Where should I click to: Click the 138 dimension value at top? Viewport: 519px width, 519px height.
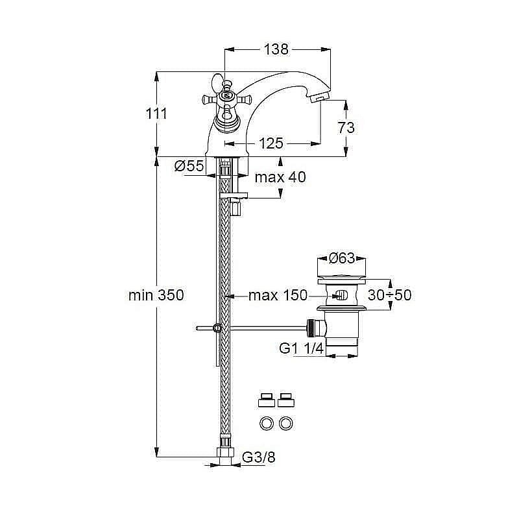pyautogui.click(x=276, y=49)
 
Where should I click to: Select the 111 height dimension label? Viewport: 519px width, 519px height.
pyautogui.click(x=156, y=114)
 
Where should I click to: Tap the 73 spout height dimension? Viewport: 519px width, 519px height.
pyautogui.click(x=346, y=127)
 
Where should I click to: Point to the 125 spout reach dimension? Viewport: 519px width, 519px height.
pyautogui.click(x=271, y=143)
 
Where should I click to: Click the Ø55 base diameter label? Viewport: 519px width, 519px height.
pyautogui.click(x=189, y=167)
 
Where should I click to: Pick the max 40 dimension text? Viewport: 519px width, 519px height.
pyautogui.click(x=280, y=177)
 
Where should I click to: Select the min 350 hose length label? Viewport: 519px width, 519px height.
pyautogui.click(x=156, y=296)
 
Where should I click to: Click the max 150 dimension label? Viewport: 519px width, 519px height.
pyautogui.click(x=278, y=296)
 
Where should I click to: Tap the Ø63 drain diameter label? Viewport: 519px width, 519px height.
pyautogui.click(x=341, y=258)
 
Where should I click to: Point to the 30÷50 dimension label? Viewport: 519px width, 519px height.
pyautogui.click(x=389, y=295)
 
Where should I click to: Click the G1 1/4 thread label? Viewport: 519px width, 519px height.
pyautogui.click(x=302, y=349)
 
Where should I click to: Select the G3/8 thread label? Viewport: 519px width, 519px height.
pyautogui.click(x=259, y=458)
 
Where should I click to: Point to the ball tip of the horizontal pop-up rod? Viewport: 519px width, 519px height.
pyautogui.click(x=198, y=328)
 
